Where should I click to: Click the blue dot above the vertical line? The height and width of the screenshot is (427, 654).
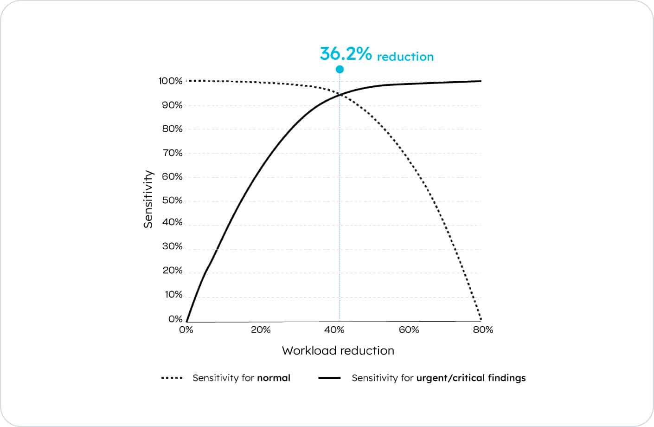coord(340,69)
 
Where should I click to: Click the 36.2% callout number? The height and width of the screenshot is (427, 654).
coord(346,54)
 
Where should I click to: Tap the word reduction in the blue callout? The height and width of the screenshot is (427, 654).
coord(405,57)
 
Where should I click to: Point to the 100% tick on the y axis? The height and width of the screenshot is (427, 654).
coord(170,81)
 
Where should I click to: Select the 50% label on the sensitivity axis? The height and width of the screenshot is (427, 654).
coord(172,201)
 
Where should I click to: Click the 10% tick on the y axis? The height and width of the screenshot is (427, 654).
coord(173,295)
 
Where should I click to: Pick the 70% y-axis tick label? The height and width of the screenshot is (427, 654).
coord(172,153)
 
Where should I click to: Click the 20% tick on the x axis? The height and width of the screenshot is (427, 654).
coord(261,330)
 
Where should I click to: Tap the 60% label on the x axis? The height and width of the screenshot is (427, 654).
coord(409,330)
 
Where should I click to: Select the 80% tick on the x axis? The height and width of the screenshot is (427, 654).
coord(483,330)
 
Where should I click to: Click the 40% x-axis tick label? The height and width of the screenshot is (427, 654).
coord(334,330)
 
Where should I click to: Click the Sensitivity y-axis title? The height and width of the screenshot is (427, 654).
coord(148,199)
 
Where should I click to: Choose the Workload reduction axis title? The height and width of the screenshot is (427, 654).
coord(338,350)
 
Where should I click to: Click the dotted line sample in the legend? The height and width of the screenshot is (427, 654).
coord(172,378)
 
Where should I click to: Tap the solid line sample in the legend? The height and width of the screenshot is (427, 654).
coord(329,378)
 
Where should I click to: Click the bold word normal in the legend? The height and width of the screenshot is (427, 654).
coord(273,378)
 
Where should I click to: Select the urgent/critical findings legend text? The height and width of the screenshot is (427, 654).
coord(471,378)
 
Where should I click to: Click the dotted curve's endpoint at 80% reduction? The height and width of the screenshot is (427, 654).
coord(481,320)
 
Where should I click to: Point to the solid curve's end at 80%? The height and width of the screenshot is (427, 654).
coord(481,81)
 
